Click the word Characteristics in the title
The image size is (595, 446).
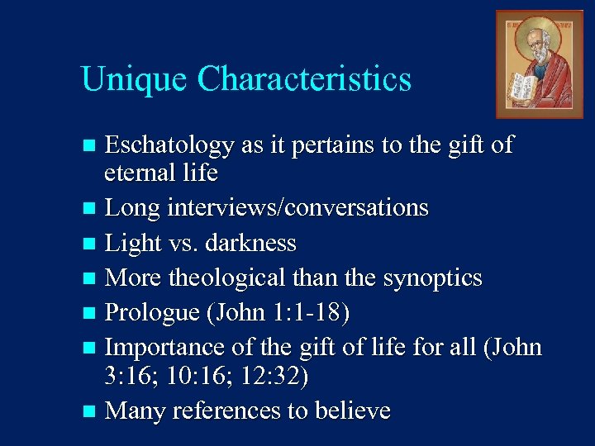coord(304,79)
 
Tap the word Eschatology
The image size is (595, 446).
coord(170,146)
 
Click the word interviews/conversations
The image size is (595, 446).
coord(297,207)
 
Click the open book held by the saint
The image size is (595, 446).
coord(523,88)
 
